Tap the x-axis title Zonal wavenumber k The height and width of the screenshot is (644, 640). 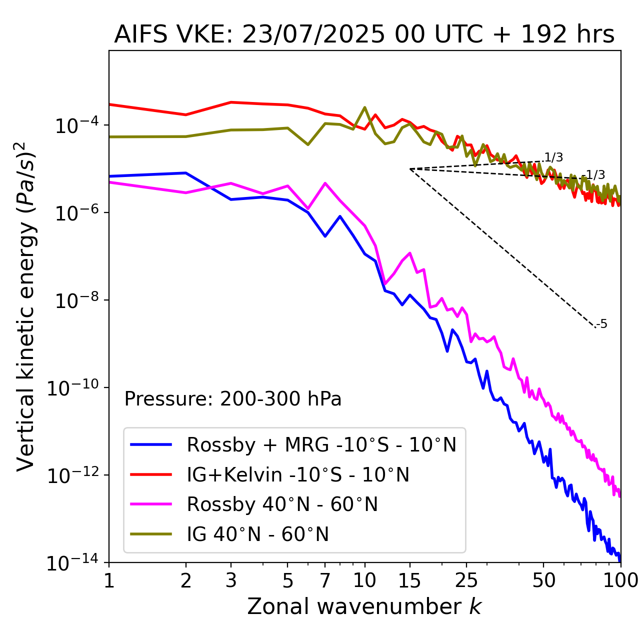(x=364, y=606)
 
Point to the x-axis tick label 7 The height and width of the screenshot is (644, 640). (x=325, y=580)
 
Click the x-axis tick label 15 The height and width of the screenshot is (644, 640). (x=410, y=580)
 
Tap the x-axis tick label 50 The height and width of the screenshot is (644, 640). (x=543, y=580)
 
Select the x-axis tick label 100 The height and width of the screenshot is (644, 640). (x=620, y=580)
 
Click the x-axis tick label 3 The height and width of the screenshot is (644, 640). (x=231, y=580)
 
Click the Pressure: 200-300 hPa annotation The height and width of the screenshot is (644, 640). (x=232, y=399)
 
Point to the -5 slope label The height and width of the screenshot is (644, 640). (x=602, y=324)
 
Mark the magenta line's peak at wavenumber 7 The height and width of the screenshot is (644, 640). (x=325, y=183)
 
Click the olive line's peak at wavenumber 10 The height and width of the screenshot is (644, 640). (x=364, y=107)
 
